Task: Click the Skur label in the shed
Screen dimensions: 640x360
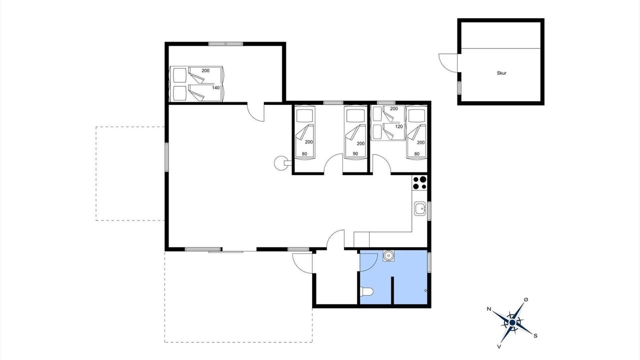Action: (501, 73)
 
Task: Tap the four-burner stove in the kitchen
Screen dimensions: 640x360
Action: (419, 183)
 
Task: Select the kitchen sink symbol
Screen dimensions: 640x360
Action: (419, 209)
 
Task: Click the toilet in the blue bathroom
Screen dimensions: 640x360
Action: (366, 291)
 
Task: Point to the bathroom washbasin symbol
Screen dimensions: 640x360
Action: (388, 255)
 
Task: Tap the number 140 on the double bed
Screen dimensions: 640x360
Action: (215, 87)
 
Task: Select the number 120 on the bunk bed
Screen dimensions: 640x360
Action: (399, 126)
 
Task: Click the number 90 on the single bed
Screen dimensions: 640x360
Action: (355, 153)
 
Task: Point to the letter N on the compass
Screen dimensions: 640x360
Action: (489, 309)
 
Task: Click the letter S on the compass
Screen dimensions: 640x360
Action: (535, 335)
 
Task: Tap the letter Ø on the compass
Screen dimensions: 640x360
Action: (526, 299)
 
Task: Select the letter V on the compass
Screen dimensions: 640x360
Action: (499, 346)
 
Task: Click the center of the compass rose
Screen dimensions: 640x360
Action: (512, 322)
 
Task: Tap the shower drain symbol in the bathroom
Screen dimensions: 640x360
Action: (425, 290)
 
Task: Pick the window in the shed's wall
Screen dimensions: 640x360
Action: (459, 88)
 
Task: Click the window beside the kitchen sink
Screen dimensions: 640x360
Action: (429, 211)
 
